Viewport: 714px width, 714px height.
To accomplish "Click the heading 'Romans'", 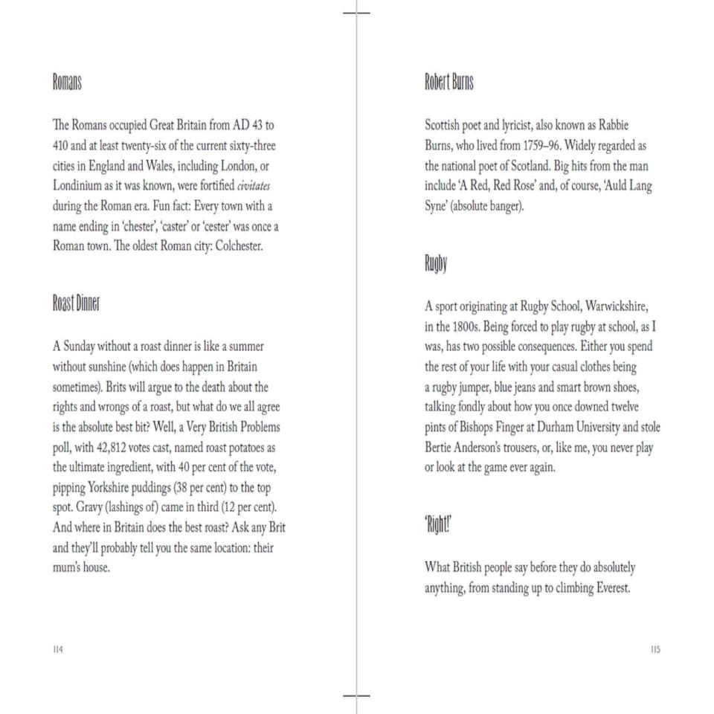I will (x=66, y=82).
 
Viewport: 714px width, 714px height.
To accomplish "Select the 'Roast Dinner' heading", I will (x=76, y=303).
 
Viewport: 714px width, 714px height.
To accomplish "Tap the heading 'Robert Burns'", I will (x=448, y=82).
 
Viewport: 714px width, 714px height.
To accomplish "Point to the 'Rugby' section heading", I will (x=436, y=263).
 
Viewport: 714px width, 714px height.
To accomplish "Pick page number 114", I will (x=58, y=649).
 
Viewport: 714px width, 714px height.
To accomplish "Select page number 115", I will (x=654, y=649).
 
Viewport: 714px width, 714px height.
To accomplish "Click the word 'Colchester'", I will (x=239, y=246).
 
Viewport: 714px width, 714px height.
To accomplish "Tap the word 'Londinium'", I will (x=80, y=186).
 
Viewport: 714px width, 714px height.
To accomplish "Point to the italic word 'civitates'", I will (x=254, y=186).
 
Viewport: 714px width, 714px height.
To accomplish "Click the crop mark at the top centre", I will (x=357, y=13).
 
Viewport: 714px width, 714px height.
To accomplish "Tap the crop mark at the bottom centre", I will (x=357, y=696).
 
